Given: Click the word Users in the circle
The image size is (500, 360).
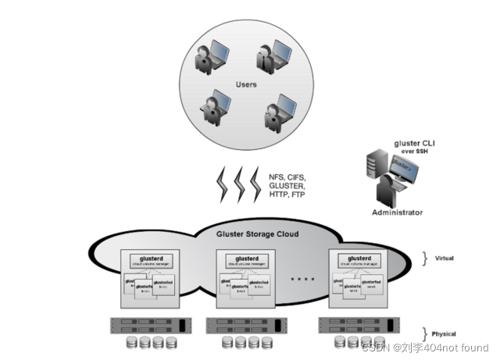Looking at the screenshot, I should pyautogui.click(x=246, y=84).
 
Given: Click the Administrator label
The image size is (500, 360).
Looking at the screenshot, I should pyautogui.click(x=397, y=212).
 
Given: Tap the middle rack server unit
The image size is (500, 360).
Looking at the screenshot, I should pyautogui.click(x=243, y=324).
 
